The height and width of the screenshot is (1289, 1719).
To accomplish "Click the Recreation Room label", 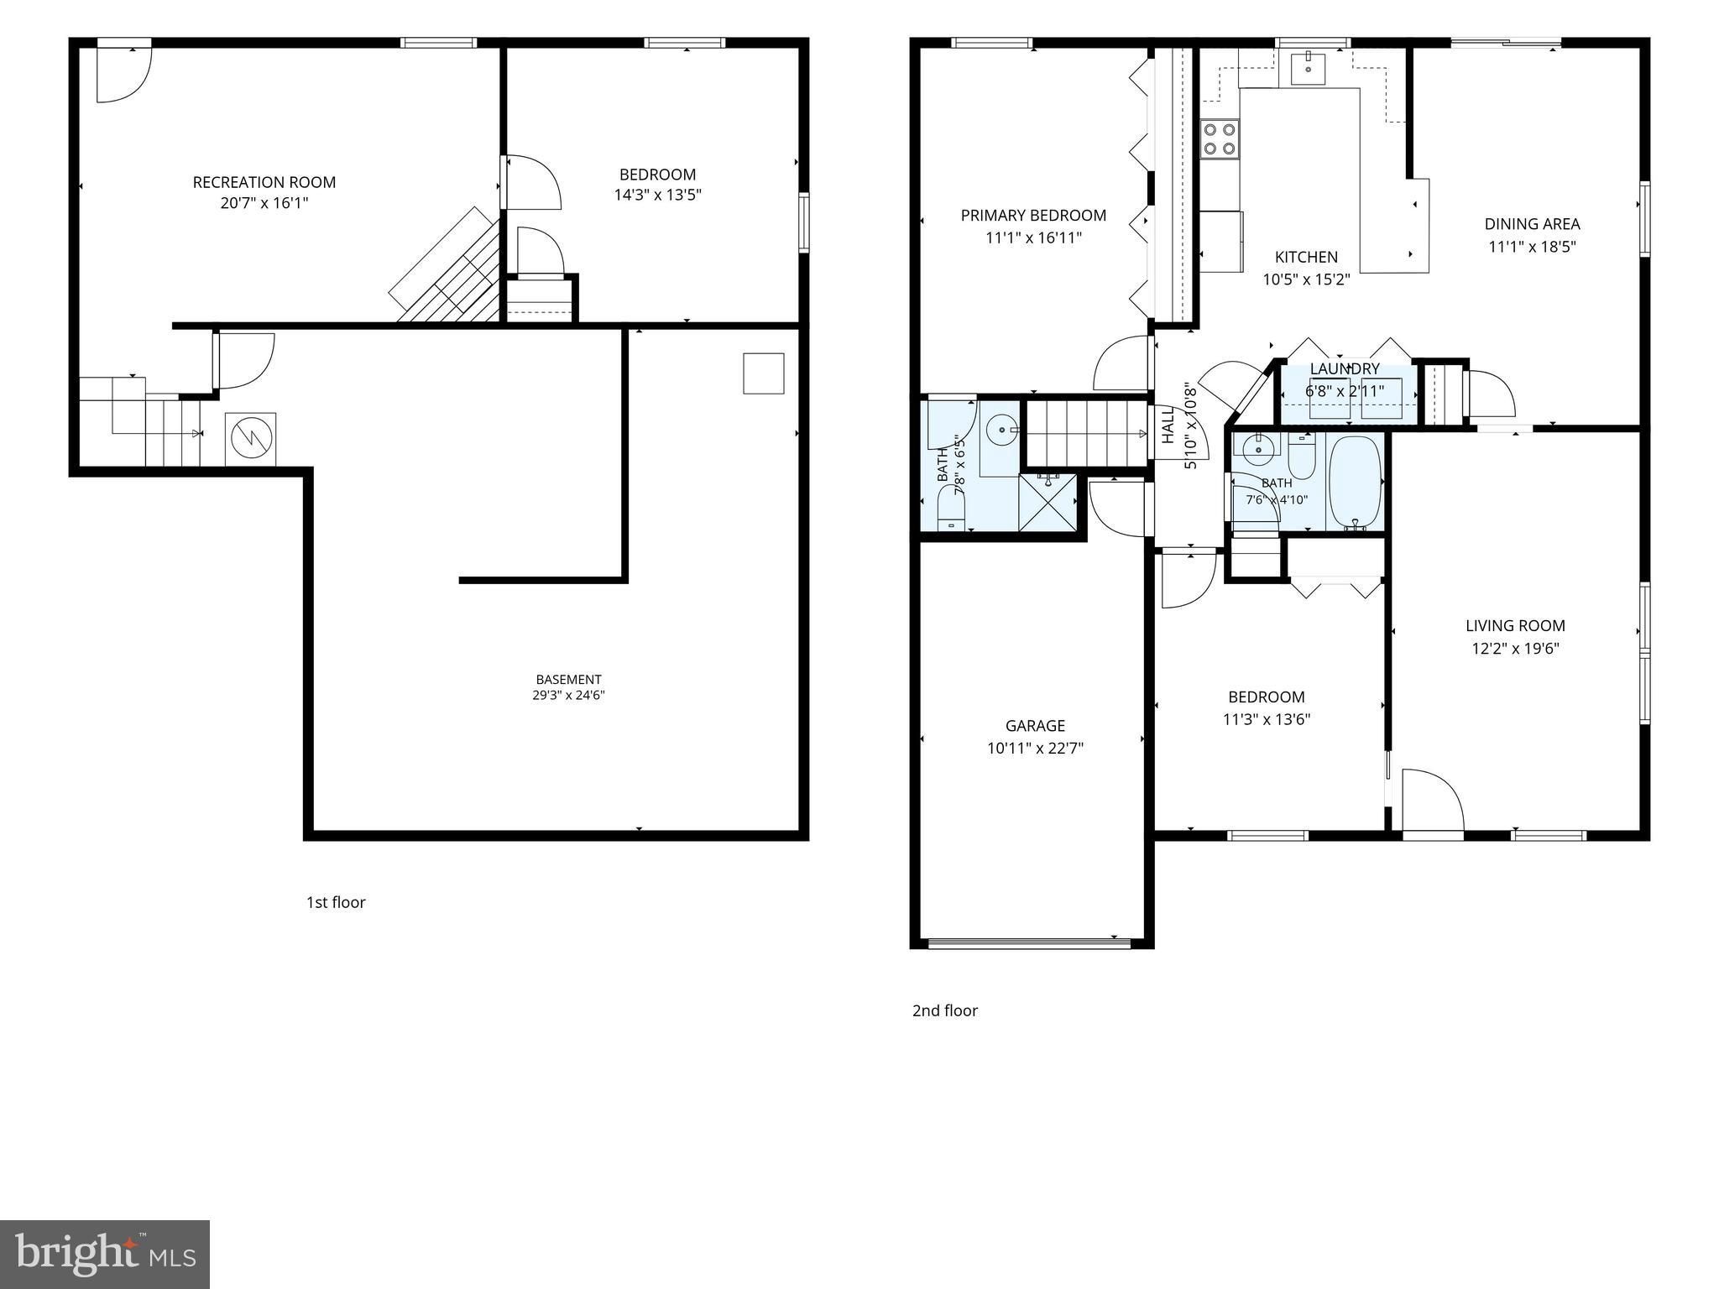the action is pos(264,182).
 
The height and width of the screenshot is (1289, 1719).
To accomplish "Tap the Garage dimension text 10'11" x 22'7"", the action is pos(1035,748).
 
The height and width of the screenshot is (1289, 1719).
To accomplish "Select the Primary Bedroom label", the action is pos(1033,216).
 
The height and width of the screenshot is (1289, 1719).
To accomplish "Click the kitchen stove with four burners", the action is pos(1220,139).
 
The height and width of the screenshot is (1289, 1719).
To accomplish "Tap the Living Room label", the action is pos(1515,625).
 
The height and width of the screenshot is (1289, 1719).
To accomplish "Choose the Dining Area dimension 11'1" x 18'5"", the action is pos(1533,247).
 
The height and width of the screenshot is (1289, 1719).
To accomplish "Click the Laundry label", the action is pos(1345,368).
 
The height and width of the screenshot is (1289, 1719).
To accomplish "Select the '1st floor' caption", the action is pos(336,902).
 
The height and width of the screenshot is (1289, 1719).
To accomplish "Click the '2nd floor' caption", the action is pos(945,1010).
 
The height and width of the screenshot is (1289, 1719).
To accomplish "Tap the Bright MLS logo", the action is pos(105,1255).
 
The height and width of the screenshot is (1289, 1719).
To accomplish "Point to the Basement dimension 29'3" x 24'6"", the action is pos(568,695).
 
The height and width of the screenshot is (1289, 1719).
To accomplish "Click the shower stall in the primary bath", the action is pos(1048,503).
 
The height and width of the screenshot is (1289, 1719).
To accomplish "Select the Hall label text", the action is pos(1168,426).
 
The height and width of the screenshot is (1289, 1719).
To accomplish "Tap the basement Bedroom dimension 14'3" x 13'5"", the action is pos(657,195).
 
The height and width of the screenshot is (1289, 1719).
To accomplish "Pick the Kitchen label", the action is pos(1306,257).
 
